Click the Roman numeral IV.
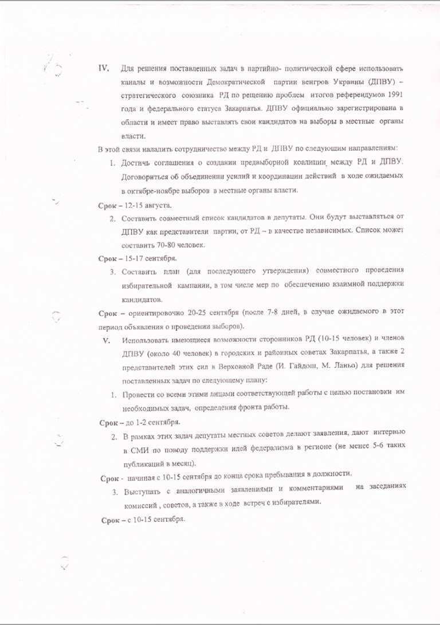pyautogui.click(x=104, y=68)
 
